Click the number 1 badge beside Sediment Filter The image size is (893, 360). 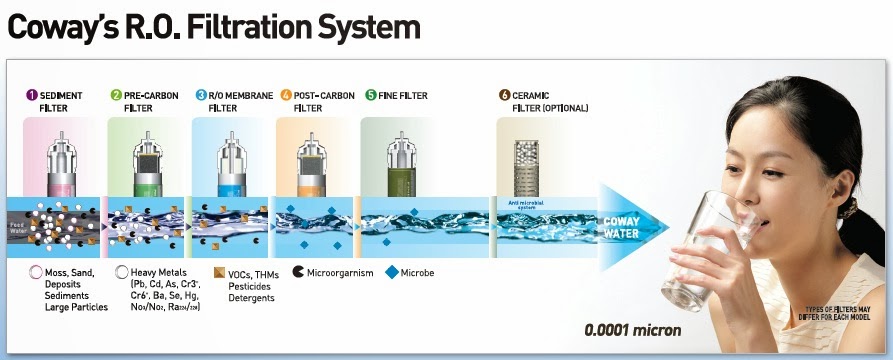click(x=32, y=96)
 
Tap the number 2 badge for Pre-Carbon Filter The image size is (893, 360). click(x=116, y=96)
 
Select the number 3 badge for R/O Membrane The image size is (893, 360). click(x=201, y=96)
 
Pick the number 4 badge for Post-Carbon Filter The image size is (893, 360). click(x=286, y=96)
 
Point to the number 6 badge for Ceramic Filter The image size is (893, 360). click(x=505, y=96)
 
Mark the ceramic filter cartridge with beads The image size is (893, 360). click(x=527, y=165)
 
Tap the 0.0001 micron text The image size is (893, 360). click(x=634, y=331)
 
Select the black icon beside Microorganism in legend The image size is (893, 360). click(x=299, y=271)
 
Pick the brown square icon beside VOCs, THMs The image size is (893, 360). click(x=219, y=271)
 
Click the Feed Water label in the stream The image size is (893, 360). click(x=21, y=229)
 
